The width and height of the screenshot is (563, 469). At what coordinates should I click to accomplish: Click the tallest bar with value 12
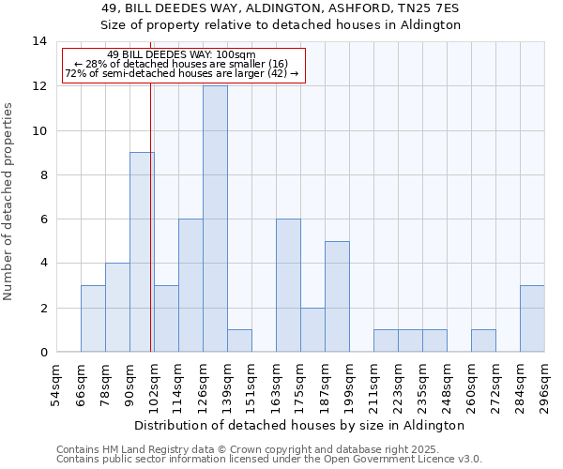pyautogui.click(x=215, y=219)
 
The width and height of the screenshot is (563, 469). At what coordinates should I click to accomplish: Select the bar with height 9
pyautogui.click(x=142, y=251)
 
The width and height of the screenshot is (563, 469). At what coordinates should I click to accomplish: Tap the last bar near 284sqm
pyautogui.click(x=532, y=318)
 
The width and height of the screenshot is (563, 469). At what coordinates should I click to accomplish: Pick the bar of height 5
pyautogui.click(x=337, y=296)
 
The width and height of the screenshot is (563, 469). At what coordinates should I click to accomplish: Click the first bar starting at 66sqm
pyautogui.click(x=93, y=318)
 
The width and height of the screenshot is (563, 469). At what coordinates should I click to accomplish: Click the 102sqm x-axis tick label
pyautogui.click(x=155, y=383)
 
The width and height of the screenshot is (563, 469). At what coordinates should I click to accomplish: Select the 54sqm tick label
pyautogui.click(x=57, y=383)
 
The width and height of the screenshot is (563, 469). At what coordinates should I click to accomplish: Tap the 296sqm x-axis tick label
pyautogui.click(x=545, y=383)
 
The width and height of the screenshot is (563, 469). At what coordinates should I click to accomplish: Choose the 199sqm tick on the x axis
pyautogui.click(x=350, y=383)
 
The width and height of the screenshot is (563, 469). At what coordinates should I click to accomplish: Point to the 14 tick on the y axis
pyautogui.click(x=39, y=41)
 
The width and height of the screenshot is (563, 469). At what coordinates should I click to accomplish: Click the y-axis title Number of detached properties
pyautogui.click(x=9, y=201)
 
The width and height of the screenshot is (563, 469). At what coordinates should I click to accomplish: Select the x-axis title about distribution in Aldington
pyautogui.click(x=299, y=425)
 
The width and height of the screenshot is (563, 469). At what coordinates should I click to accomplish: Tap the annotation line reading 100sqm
pyautogui.click(x=181, y=55)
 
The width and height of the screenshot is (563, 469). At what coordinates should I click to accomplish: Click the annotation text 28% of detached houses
pyautogui.click(x=181, y=64)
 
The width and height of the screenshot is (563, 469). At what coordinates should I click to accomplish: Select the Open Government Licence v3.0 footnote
pyautogui.click(x=269, y=460)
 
